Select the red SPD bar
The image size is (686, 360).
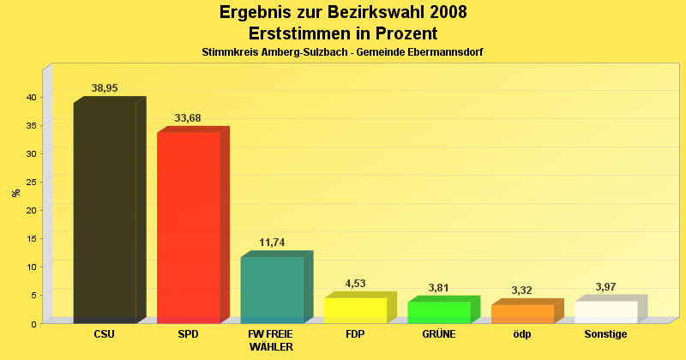coord(188,227)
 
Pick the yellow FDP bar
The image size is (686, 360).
coord(355,309)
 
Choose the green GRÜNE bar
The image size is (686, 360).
coord(439,312)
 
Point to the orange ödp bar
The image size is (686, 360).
coord(522,313)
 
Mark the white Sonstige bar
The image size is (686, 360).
coord(606,311)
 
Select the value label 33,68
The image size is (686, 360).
coord(188,118)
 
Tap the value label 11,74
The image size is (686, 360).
coord(272,243)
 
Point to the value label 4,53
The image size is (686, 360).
coord(355,284)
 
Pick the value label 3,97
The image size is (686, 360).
coord(606,286)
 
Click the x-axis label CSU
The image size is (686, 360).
coord(104,334)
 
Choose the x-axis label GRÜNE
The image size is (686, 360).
coord(439,334)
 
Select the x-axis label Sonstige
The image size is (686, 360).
coord(605,334)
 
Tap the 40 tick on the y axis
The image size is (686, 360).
coord(30,98)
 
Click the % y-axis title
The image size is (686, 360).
coord(16,193)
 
